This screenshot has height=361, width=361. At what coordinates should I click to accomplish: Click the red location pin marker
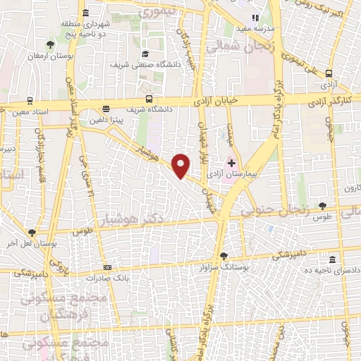click(181, 165)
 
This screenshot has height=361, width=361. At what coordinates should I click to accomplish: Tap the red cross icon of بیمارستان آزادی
click(231, 163)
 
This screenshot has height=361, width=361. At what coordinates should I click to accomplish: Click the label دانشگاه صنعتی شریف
click(140, 65)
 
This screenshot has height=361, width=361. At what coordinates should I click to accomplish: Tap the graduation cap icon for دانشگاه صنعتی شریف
click(145, 54)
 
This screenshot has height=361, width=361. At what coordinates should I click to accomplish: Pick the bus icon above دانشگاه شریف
click(148, 99)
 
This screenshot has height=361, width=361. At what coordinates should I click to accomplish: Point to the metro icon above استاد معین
click(30, 100)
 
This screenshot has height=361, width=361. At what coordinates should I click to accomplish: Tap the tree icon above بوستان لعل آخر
click(32, 233)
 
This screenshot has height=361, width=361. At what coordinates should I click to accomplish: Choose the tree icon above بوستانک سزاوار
click(224, 256)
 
